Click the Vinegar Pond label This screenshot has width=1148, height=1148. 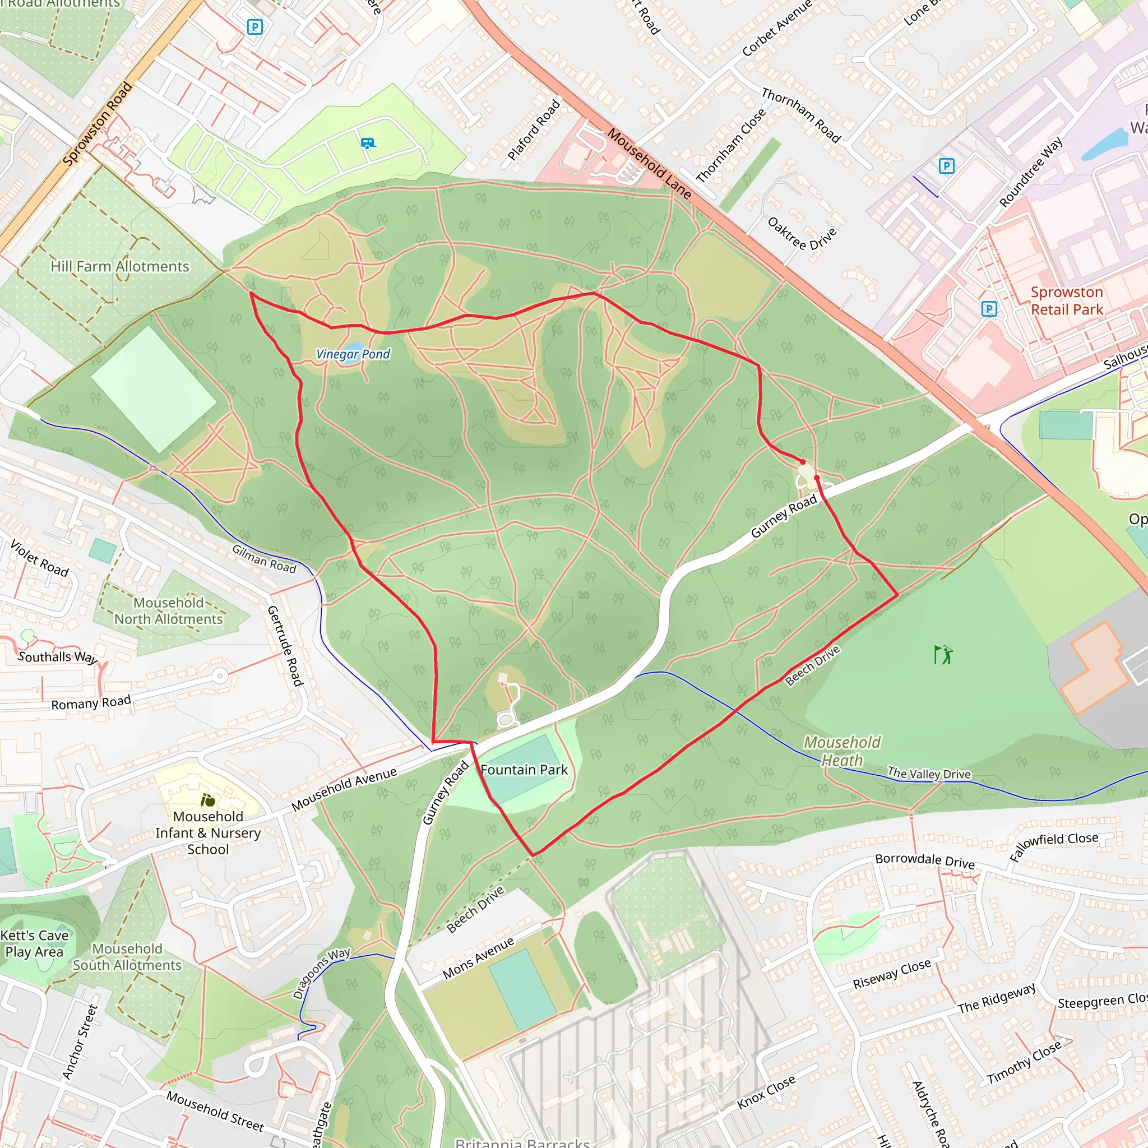[x=353, y=355]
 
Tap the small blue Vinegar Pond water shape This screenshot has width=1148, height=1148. [x=355, y=346]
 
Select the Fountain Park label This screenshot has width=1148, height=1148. [x=524, y=770]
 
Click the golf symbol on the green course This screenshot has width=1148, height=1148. [x=942, y=655]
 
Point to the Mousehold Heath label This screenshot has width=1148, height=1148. [x=842, y=751]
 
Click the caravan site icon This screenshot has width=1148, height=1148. [x=368, y=143]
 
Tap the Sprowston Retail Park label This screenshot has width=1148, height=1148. [x=1067, y=300]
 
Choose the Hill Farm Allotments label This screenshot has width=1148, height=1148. [x=120, y=266]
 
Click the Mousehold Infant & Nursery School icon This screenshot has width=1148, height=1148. [x=208, y=800]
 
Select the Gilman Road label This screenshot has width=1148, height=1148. [x=264, y=558]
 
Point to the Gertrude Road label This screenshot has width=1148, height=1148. [x=285, y=646]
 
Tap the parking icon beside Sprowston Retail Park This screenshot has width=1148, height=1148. [x=989, y=308]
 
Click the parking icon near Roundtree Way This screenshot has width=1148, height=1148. [x=947, y=166]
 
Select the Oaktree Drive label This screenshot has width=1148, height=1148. [x=802, y=234]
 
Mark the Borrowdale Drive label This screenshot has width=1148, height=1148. [x=924, y=861]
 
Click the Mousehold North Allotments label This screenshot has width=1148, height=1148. [x=168, y=611]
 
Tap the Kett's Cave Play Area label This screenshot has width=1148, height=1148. [x=34, y=943]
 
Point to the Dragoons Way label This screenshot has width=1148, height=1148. [x=321, y=973]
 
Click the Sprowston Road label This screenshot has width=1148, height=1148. [x=98, y=123]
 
